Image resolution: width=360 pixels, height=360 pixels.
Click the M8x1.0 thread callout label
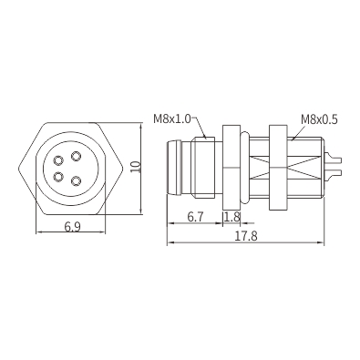point(172,118)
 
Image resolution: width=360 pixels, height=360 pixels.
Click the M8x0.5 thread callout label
point(319,119)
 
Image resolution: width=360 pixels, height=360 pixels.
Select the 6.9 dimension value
point(73,227)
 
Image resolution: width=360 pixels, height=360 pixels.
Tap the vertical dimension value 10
point(136,167)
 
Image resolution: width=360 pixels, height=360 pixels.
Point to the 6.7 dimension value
point(195,217)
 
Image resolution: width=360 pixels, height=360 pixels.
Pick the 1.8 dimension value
point(232,217)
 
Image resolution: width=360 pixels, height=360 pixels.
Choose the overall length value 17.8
point(246,236)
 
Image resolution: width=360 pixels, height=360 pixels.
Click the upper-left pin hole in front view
point(58,159)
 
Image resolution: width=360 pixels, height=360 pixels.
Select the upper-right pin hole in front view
point(76,157)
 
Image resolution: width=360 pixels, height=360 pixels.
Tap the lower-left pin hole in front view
point(58,176)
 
